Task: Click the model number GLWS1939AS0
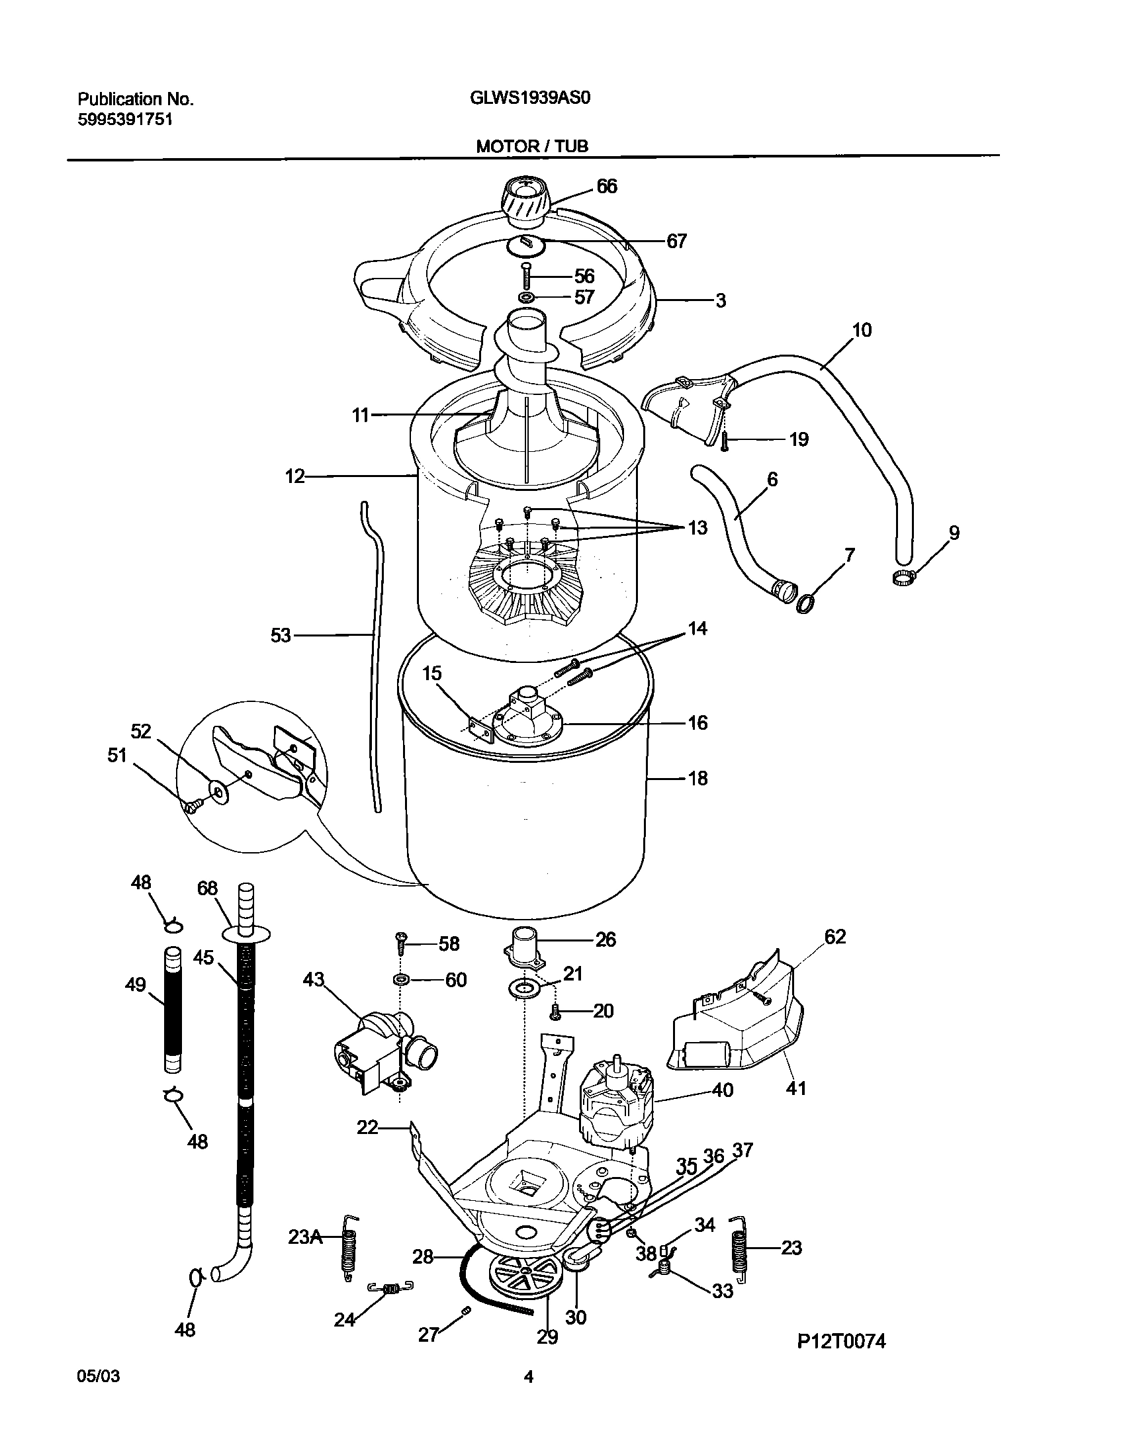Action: click(529, 98)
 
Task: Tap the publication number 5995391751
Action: click(125, 120)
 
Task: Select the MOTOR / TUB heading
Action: click(532, 146)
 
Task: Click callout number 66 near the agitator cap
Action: click(606, 187)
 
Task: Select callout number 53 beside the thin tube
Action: click(281, 635)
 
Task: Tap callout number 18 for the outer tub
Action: click(697, 779)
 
